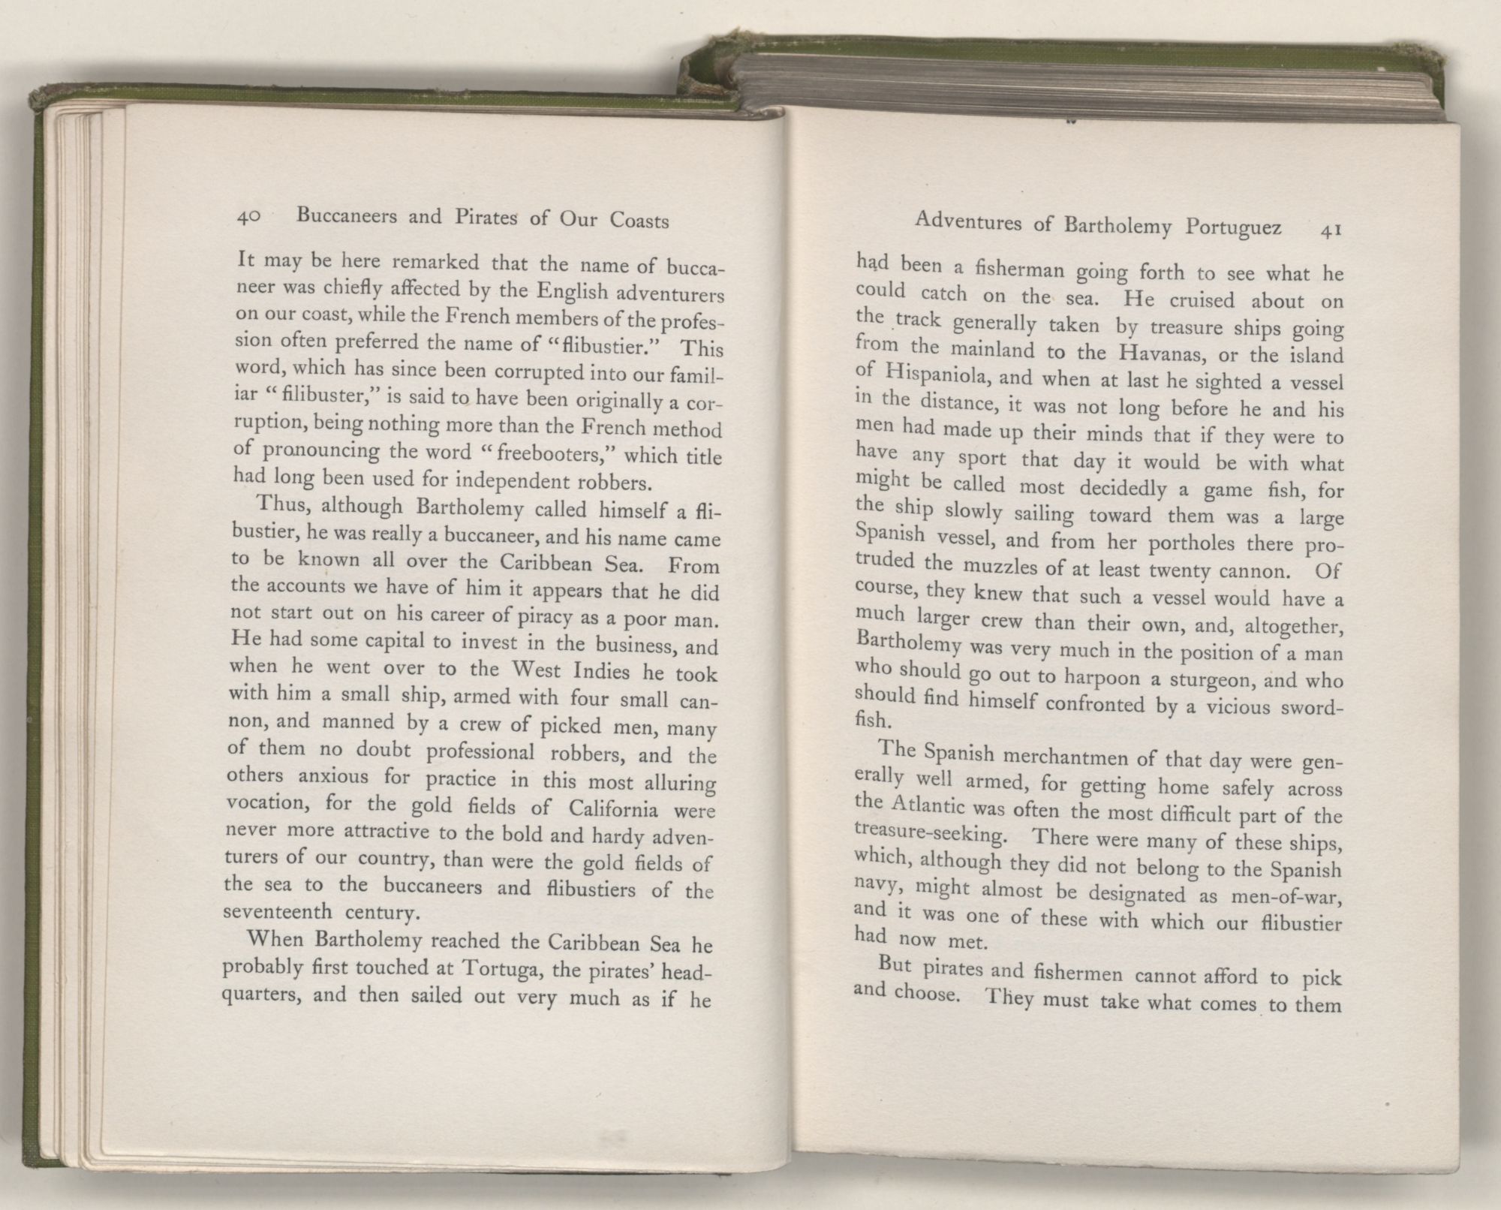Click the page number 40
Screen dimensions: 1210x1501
pos(248,217)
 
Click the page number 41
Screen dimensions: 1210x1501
pos(1329,231)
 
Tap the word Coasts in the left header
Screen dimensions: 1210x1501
pos(639,221)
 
